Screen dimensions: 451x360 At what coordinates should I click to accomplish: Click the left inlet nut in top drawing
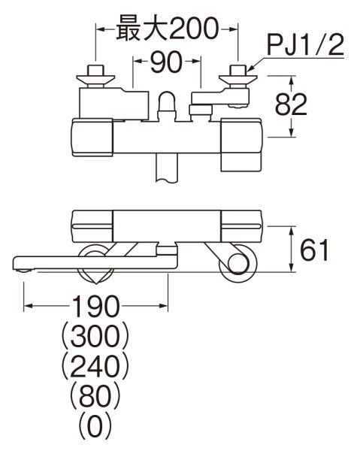95,75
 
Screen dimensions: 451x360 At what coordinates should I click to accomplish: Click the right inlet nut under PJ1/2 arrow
238,75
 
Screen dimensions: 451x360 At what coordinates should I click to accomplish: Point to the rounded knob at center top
168,102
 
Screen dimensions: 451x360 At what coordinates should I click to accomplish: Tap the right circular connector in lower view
237,264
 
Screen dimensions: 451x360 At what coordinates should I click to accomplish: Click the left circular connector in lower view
96,261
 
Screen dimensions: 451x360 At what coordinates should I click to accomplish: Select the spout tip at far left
23,262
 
